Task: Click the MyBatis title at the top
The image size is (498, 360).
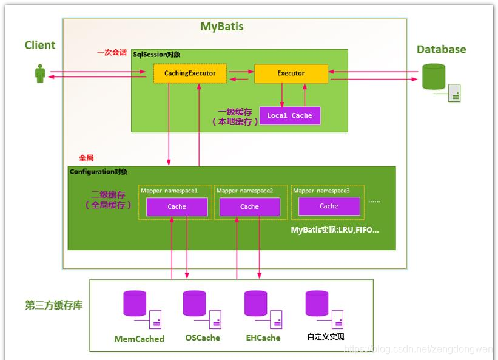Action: coord(221,27)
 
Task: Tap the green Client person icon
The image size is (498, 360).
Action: coord(40,74)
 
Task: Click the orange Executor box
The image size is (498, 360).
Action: coord(291,73)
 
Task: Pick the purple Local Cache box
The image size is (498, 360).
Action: coord(289,115)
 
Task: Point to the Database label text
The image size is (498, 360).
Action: coord(441,50)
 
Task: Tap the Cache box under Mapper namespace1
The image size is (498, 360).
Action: coord(177,206)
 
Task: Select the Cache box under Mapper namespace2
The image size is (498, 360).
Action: coord(249,206)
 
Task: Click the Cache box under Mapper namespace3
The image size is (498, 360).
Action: coord(328,206)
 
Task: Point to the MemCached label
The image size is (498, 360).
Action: coord(139,339)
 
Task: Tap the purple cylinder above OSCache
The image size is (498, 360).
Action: coord(195,303)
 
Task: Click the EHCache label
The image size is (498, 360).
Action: coord(263,338)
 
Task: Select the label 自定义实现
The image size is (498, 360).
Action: coord(326,337)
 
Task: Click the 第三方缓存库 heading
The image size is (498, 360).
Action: coord(54,305)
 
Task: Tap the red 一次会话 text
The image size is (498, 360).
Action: coord(113,53)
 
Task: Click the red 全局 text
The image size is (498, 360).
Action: coord(86,158)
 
